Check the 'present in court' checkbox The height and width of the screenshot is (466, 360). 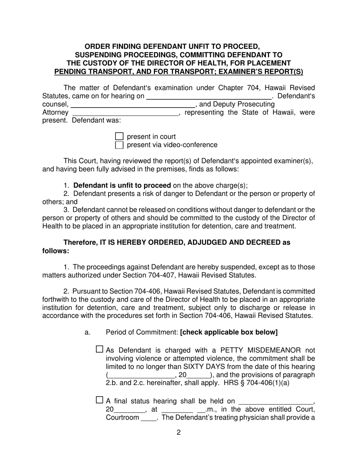pyautogui.click(x=119, y=136)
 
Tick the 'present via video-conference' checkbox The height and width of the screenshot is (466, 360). pyautogui.click(x=119, y=145)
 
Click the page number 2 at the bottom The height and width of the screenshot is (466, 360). pyautogui.click(x=178, y=432)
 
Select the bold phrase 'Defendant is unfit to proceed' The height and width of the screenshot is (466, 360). pyautogui.click(x=122, y=186)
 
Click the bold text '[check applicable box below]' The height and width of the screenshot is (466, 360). pyautogui.click(x=229, y=332)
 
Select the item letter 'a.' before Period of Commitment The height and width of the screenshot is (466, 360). pyautogui.click(x=88, y=332)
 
